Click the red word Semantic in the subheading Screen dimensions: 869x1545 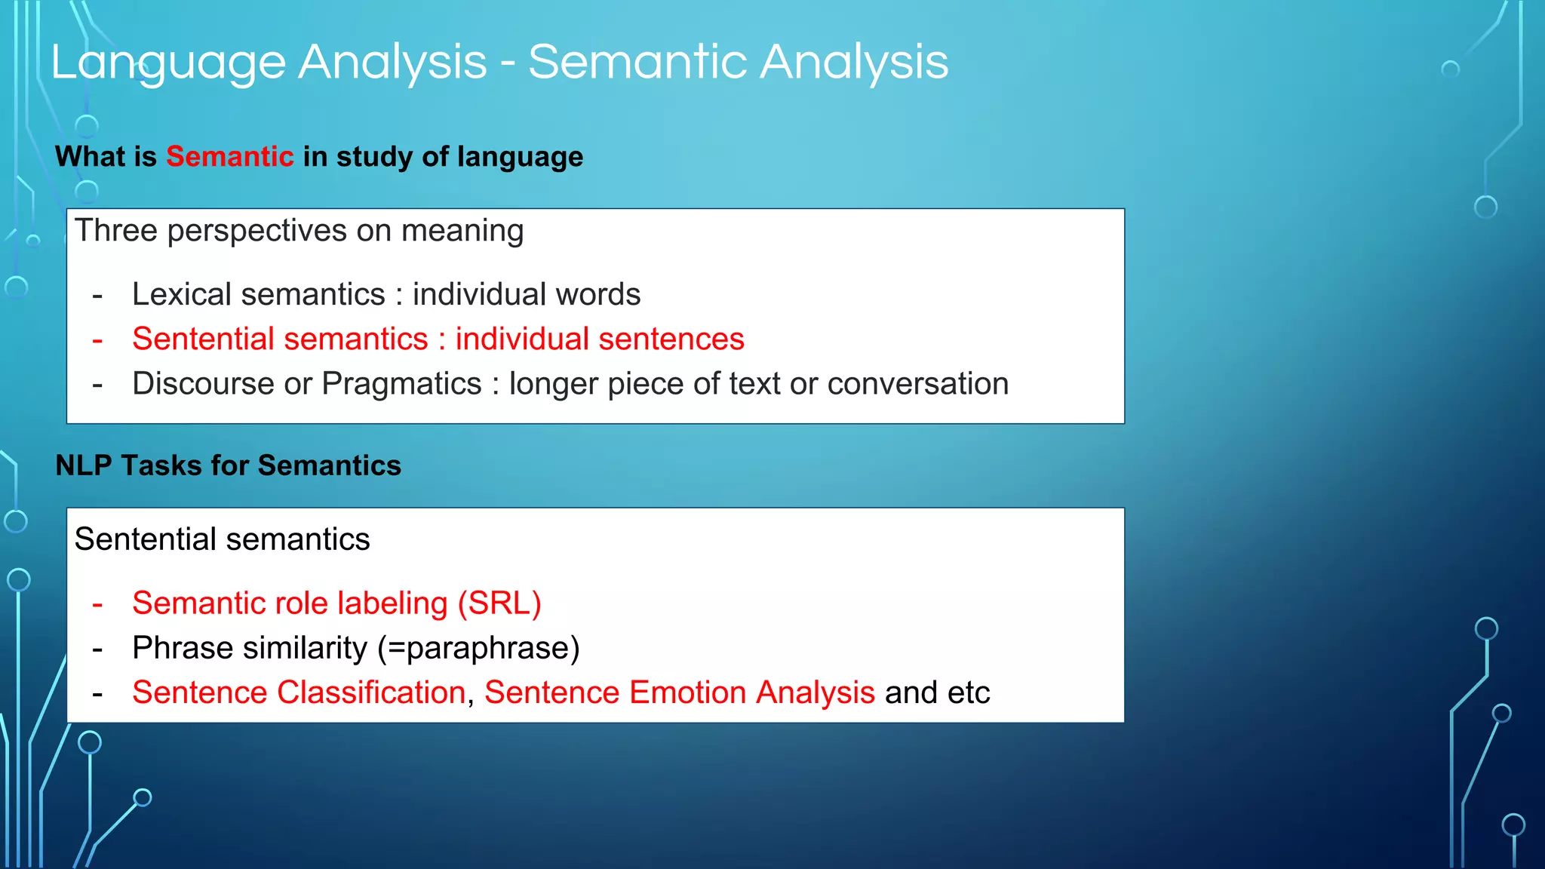pos(229,157)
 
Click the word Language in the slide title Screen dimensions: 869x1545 pos(167,63)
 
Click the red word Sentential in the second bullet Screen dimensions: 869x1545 pos(202,339)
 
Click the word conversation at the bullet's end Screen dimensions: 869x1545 pos(917,384)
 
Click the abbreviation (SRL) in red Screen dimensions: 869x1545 pos(499,603)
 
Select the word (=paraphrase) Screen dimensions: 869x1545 pos(478,648)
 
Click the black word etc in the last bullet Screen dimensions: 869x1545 pos(969,692)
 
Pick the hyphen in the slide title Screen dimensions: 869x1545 pos(508,63)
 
